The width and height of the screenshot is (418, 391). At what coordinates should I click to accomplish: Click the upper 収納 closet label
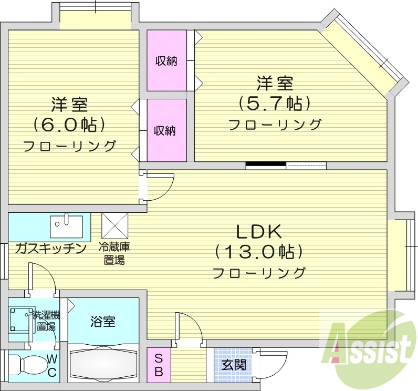166,61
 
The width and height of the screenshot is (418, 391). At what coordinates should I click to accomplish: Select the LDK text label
258,232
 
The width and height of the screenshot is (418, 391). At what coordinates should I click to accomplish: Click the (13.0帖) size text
259,252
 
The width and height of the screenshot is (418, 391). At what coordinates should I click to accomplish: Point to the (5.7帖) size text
275,104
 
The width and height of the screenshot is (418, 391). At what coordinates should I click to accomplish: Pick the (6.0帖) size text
69,125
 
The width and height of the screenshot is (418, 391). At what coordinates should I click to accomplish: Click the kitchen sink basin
66,227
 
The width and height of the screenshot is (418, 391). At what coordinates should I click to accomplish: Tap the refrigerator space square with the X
115,226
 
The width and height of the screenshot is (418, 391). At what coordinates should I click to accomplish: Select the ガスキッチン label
50,249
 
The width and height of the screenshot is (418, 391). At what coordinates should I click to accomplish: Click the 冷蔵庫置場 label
115,253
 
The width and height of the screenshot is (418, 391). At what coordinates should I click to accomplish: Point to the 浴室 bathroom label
103,322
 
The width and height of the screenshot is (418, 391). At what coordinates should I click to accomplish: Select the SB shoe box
158,365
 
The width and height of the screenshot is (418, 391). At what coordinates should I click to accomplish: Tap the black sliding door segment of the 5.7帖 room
266,166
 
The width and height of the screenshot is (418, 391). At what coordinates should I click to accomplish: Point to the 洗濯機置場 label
45,321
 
